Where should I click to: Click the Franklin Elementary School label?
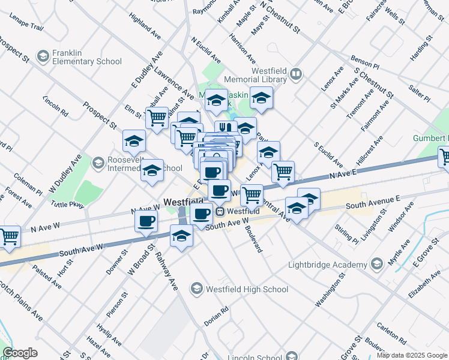tap(86, 57)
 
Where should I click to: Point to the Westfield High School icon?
tap(196, 289)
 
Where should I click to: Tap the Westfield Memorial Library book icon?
tap(295, 74)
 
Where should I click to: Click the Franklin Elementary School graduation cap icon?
tap(43, 57)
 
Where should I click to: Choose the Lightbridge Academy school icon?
tap(376, 265)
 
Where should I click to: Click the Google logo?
tap(20, 353)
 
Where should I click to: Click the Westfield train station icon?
tap(220, 211)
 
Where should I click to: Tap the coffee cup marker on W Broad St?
tap(146, 221)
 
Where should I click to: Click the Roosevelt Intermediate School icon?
tap(98, 162)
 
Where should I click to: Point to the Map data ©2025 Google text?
tap(412, 355)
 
